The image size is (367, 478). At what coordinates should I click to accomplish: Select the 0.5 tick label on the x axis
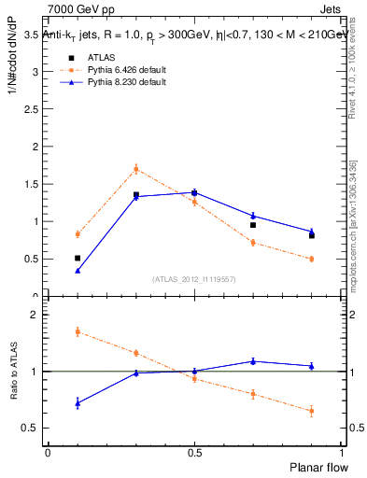[x=193, y=453]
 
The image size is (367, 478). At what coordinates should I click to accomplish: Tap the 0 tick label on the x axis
[x=48, y=453]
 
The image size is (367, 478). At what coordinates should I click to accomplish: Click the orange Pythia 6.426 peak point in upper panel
[x=135, y=169]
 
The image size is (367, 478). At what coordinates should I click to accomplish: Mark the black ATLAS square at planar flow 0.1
[x=78, y=258]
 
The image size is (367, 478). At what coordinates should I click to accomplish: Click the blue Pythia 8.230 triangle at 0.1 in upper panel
[x=78, y=271]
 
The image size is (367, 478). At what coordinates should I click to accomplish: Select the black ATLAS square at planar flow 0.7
[x=253, y=225]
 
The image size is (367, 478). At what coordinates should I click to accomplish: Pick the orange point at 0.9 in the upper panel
[x=311, y=259]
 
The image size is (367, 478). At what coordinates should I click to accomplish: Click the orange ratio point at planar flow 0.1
[x=78, y=331]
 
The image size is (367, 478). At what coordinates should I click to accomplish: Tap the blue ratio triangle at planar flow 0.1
[x=78, y=403]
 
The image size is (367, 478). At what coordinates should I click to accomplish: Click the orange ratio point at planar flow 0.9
[x=311, y=411]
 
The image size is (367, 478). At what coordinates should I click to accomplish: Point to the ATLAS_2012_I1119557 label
[x=193, y=279]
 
